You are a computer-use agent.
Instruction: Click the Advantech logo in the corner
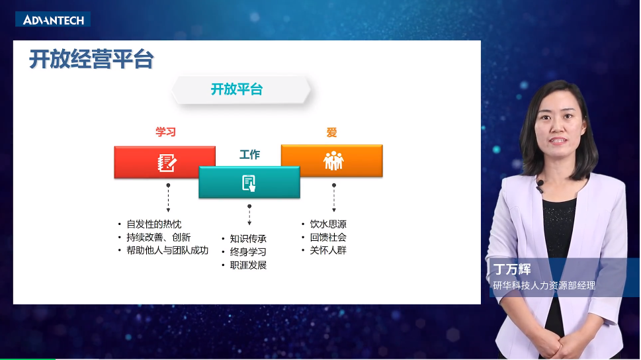[54, 20]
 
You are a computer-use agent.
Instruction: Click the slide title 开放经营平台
[91, 60]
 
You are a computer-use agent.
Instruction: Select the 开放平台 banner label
[237, 89]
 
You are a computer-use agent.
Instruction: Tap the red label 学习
[165, 132]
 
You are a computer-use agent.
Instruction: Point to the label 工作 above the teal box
[249, 155]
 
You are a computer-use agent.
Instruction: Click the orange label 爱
[331, 132]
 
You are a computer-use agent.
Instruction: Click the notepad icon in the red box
[166, 162]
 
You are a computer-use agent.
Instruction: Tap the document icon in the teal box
[249, 183]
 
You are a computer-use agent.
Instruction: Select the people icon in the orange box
[333, 161]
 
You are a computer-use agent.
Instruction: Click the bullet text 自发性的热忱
[153, 224]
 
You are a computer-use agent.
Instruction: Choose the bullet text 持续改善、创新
[158, 238]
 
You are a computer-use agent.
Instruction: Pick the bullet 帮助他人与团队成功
[167, 251]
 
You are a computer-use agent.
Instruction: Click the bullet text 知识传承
[248, 239]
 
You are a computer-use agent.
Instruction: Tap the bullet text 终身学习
[248, 252]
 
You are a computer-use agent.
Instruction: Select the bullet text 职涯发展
[248, 265]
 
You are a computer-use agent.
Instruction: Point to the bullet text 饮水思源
[328, 224]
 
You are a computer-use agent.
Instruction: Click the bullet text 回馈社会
[328, 238]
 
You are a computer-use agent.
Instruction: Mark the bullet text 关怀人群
[328, 251]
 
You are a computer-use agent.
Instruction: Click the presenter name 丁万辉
[513, 270]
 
